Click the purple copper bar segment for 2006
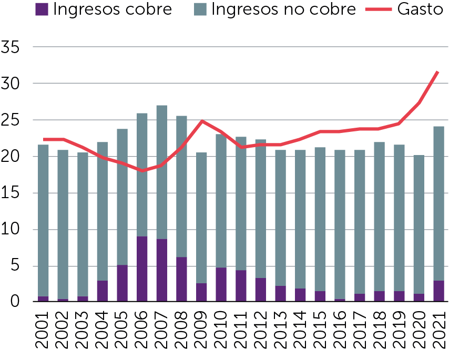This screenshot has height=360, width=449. coord(142,269)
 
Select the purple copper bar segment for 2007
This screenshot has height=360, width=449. coord(162,270)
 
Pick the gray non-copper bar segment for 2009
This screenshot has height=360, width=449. coord(201,218)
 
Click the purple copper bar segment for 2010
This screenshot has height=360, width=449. coord(221,284)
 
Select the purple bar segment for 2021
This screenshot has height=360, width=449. coord(438,291)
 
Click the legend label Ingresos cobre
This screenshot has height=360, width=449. coord(112,9)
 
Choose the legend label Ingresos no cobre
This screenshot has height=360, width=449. coord(283,9)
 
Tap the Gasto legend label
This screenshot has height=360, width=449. coord(421,9)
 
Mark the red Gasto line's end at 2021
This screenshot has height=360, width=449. coord(437,71)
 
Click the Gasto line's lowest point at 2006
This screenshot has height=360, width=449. coord(142,171)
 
